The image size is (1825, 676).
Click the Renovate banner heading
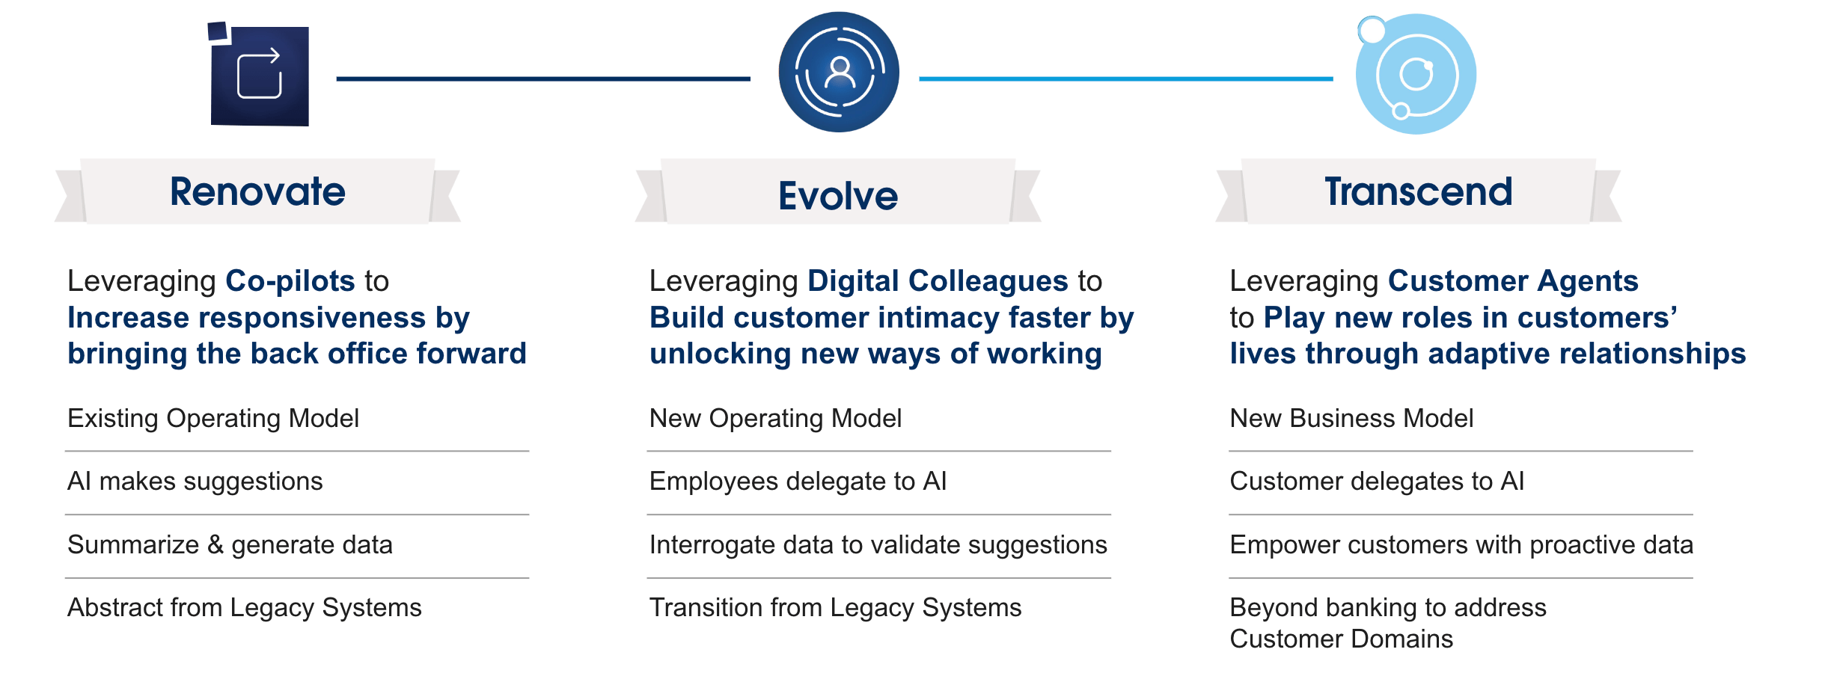(257, 191)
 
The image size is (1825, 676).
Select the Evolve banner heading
(838, 196)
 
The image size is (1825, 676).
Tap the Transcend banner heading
(1419, 191)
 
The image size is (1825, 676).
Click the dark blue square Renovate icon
(259, 75)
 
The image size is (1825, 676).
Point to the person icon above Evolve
(840, 72)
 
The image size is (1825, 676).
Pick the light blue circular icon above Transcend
(1416, 73)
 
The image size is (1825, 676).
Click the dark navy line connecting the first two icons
(543, 79)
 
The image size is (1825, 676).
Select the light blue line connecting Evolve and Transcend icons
(1125, 79)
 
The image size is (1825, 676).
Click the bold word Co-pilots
(290, 281)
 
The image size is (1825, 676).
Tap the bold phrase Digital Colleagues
(938, 281)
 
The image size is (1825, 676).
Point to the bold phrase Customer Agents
(1513, 281)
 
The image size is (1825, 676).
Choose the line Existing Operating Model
(213, 419)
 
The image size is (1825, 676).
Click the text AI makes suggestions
(195, 482)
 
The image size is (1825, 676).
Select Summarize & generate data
(230, 545)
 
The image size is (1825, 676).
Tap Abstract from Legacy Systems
(245, 608)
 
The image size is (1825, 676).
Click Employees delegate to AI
(798, 482)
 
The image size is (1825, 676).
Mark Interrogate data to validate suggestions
(878, 545)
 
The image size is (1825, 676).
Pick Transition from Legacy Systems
(836, 608)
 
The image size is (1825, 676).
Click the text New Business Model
(1352, 419)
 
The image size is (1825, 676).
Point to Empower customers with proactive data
(1462, 545)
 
